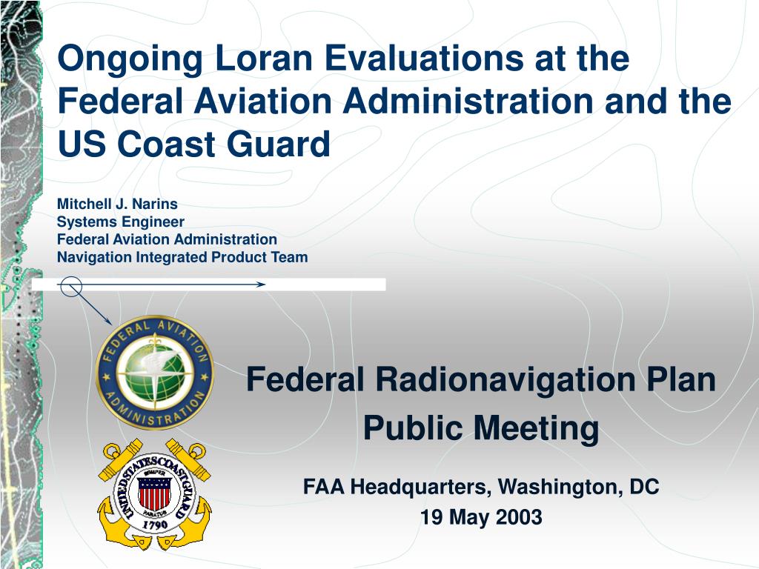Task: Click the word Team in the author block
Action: point(289,257)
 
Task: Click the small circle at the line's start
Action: point(71,287)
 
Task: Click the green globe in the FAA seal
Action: point(155,372)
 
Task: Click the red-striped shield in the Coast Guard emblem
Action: point(154,493)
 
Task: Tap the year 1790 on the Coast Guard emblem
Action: point(155,524)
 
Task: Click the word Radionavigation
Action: point(506,379)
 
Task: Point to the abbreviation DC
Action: point(644,486)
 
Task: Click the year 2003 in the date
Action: point(519,516)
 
